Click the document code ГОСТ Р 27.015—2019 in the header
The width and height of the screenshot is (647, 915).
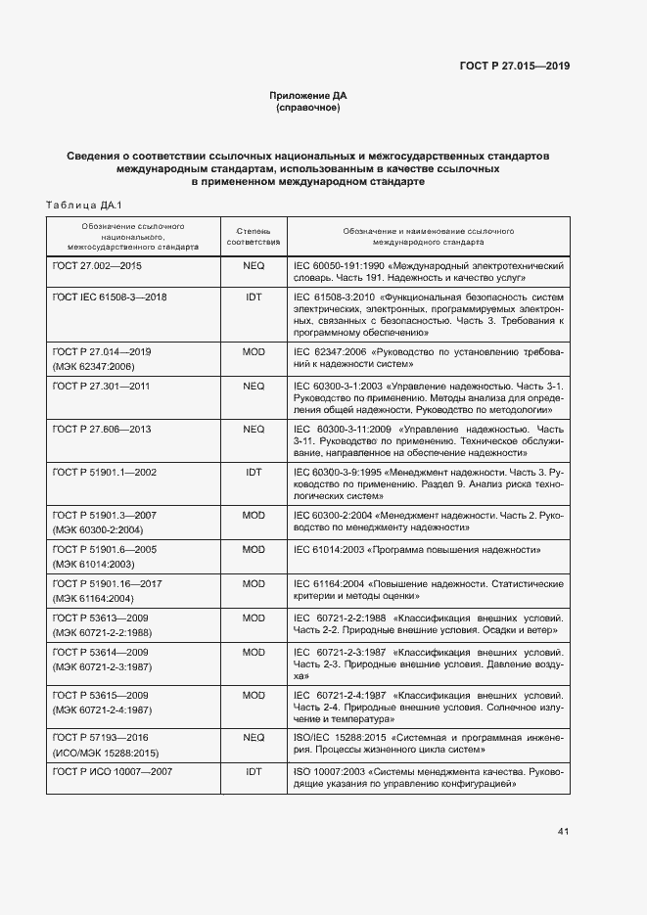(x=514, y=67)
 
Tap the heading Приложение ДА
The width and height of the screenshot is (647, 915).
(x=308, y=95)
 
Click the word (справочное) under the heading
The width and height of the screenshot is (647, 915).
(x=308, y=108)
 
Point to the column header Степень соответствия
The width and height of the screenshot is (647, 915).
(x=254, y=235)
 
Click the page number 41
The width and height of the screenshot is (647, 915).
(x=563, y=832)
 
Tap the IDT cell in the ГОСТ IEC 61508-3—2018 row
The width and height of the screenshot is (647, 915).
(x=254, y=295)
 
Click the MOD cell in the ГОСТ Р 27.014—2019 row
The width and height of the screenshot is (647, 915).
(x=254, y=350)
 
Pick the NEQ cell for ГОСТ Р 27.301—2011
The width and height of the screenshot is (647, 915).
(x=254, y=387)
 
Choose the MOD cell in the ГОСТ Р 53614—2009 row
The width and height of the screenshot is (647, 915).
(x=254, y=652)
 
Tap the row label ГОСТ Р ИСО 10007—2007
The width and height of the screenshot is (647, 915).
(x=111, y=772)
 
